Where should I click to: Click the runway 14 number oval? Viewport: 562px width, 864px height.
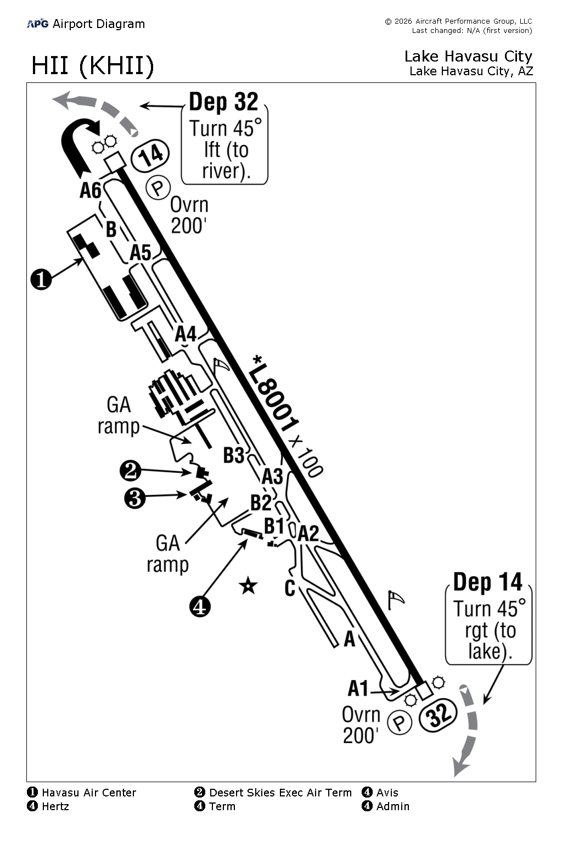[150, 154]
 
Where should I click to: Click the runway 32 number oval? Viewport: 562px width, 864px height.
[438, 715]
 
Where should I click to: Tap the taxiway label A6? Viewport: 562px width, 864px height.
[91, 190]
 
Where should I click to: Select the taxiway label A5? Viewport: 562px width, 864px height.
[140, 253]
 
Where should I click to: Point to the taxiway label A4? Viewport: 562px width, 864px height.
[186, 333]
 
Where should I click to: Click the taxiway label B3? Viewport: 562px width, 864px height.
[234, 455]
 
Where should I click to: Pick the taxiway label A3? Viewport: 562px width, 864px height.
[272, 475]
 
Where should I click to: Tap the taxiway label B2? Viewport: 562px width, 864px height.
[261, 502]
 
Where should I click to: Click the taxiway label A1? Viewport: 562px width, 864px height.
[358, 688]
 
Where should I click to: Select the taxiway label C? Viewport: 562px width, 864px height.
[290, 588]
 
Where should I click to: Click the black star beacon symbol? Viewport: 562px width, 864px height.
[248, 586]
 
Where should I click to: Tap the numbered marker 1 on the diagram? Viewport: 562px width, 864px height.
[41, 279]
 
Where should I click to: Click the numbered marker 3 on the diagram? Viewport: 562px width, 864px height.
[135, 498]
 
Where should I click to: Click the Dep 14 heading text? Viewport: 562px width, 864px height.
[487, 582]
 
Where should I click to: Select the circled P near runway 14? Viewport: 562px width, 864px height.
[158, 188]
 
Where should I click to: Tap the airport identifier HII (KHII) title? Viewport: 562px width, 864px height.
[92, 66]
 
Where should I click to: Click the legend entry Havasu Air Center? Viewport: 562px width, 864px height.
[88, 793]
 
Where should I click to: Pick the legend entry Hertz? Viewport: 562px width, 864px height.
[55, 806]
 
